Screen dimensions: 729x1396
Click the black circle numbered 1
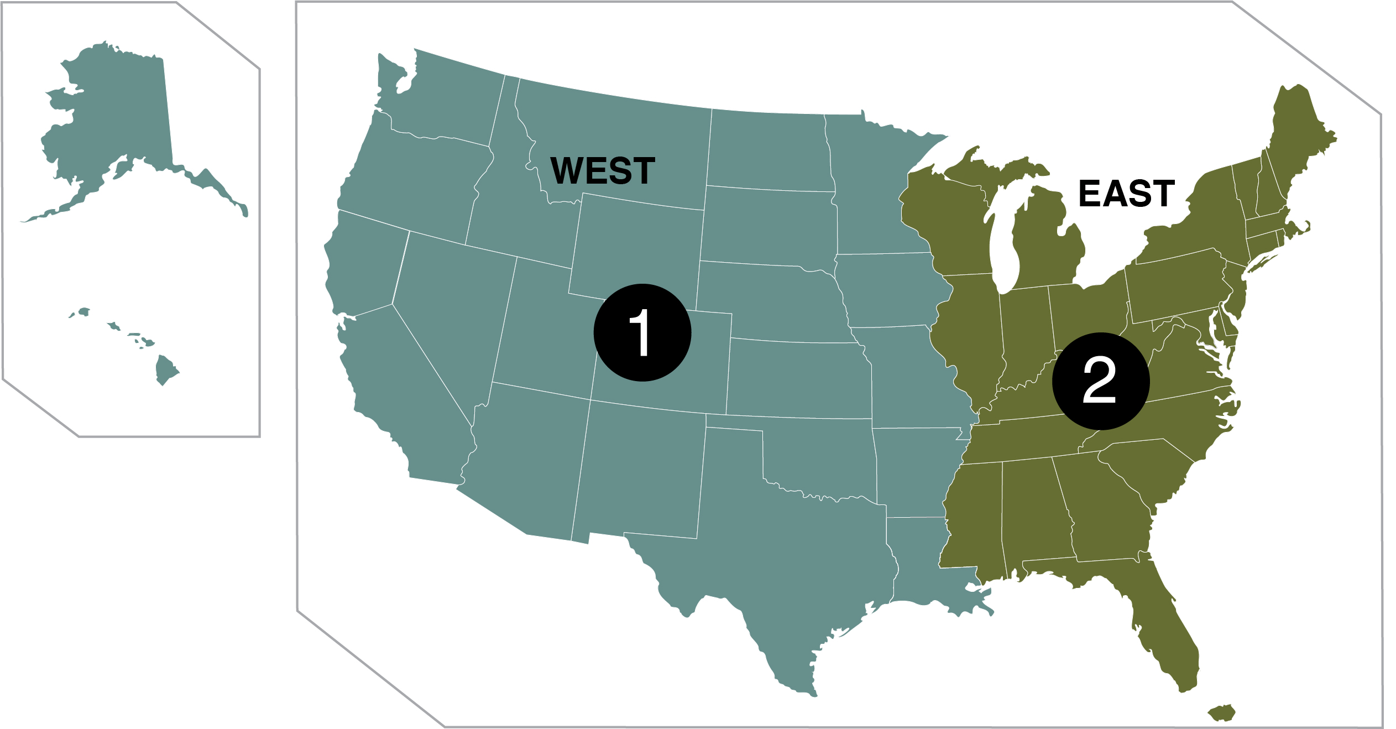pyautogui.click(x=642, y=332)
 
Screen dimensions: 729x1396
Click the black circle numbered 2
pyautogui.click(x=1100, y=381)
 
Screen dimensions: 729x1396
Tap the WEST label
pyautogui.click(x=603, y=170)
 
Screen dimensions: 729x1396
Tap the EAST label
pyautogui.click(x=1126, y=194)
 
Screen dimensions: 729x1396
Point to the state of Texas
pyautogui.click(x=785, y=542)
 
